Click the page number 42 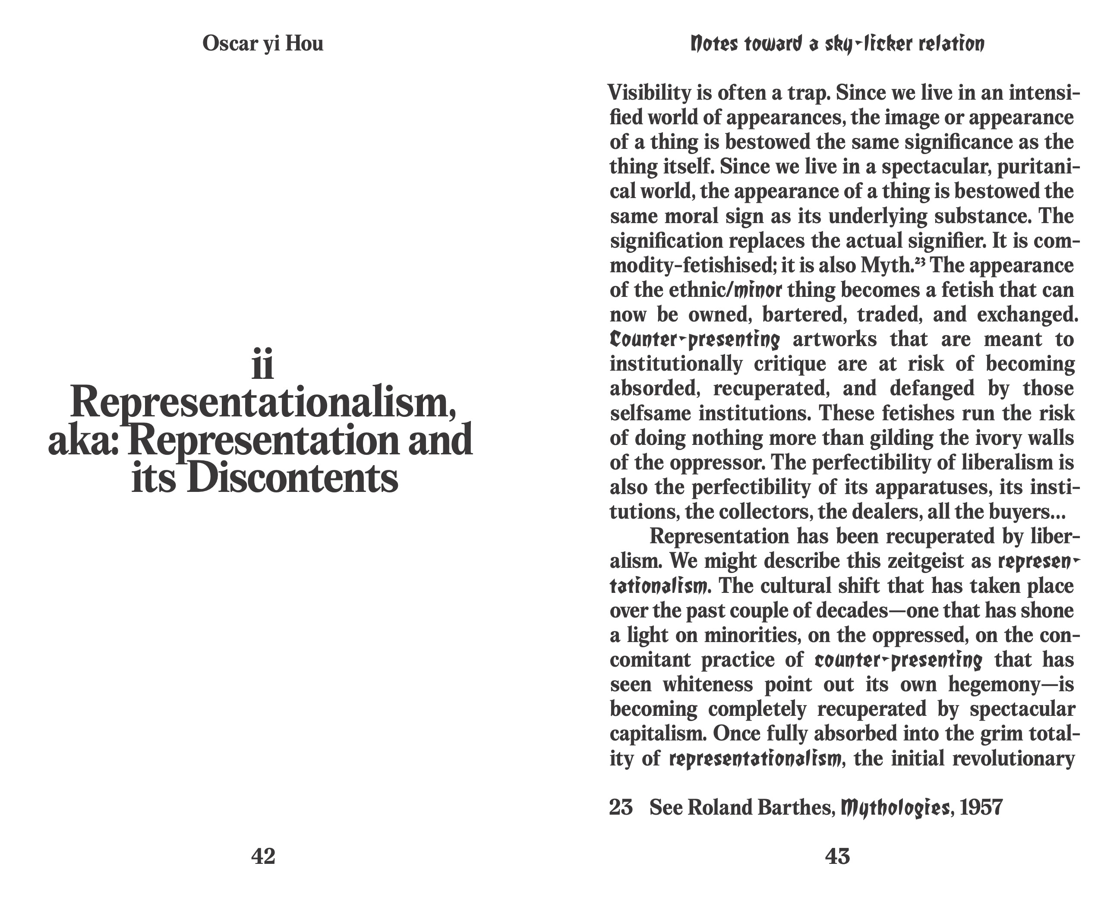click(x=263, y=857)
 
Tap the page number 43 click(x=837, y=857)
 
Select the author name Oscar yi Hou click(x=263, y=44)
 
